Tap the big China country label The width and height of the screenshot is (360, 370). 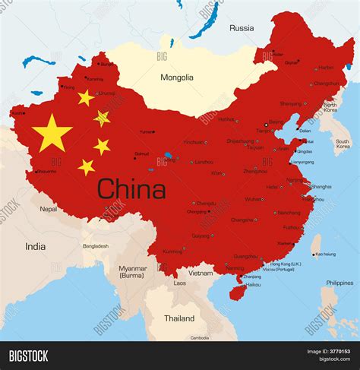131,188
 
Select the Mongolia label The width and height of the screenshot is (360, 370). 176,77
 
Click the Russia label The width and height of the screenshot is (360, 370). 242,28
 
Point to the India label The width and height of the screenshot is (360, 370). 35,246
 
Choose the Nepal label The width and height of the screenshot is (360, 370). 49,208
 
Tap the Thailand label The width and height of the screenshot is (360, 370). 179,318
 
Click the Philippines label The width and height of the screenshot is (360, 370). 339,283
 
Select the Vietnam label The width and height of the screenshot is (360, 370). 201,273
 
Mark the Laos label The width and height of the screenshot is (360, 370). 179,283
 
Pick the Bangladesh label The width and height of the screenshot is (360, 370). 96,246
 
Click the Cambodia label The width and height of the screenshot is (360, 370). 200,337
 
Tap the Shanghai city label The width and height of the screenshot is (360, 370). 321,186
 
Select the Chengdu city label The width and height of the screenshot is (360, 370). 206,204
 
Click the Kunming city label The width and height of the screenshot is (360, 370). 173,251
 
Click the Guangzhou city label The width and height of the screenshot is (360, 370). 245,256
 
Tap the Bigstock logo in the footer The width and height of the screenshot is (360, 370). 28,356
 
